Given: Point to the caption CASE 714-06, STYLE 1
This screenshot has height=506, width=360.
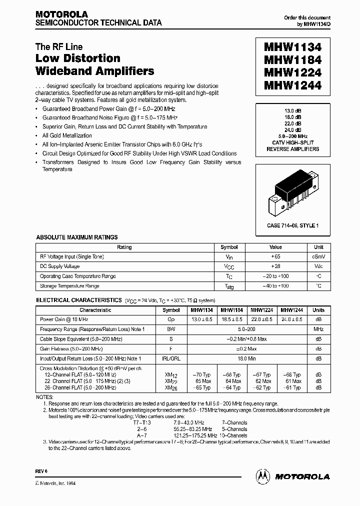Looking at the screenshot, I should (292, 225).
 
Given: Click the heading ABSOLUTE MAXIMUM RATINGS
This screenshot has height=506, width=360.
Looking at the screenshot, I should (77, 237).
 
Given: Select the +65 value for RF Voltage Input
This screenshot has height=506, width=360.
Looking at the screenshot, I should (275, 256).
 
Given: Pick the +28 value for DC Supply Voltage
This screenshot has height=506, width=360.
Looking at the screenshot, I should (275, 266).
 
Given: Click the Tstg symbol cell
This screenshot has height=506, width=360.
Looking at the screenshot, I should (229, 286).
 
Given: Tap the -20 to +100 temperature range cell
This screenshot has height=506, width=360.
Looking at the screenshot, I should (275, 276).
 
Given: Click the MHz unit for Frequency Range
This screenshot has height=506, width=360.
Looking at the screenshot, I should (318, 329).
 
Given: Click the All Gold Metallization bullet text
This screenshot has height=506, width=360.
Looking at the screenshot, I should (67, 135).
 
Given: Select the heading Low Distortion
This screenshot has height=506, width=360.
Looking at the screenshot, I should (77, 58).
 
